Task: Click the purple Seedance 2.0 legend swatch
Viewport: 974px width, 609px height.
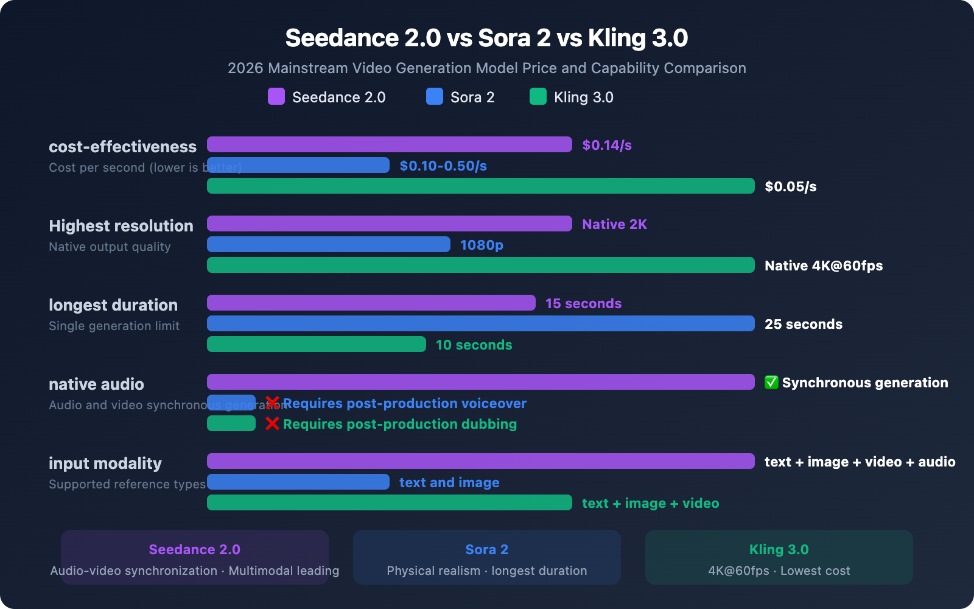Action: tap(276, 96)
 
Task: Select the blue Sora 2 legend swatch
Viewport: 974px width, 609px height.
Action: tap(435, 96)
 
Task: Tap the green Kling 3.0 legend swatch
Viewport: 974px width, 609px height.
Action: tap(538, 96)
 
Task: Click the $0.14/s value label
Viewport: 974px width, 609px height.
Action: tap(607, 145)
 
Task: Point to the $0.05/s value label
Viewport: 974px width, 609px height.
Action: tap(790, 186)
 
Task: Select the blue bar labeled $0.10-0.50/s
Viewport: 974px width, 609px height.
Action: tap(298, 165)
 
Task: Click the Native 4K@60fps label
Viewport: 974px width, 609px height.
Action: tap(823, 266)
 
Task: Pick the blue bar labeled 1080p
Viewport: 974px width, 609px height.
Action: tap(329, 244)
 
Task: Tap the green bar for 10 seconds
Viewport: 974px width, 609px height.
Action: tap(317, 344)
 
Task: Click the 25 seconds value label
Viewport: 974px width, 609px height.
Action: tap(803, 324)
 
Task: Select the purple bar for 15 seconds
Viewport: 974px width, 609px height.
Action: tap(371, 303)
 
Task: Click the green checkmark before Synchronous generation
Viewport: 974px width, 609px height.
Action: tap(771, 382)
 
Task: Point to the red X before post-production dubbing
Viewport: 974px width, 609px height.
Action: tap(272, 423)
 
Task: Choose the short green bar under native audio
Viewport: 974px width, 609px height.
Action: tap(231, 423)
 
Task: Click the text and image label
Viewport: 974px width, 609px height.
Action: tap(449, 482)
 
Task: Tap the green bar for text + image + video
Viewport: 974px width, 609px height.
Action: tap(390, 502)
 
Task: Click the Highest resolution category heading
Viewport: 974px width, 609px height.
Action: tap(121, 226)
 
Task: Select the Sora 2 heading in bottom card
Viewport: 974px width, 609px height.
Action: tap(486, 549)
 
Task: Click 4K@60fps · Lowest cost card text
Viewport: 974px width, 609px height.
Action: tap(779, 571)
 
